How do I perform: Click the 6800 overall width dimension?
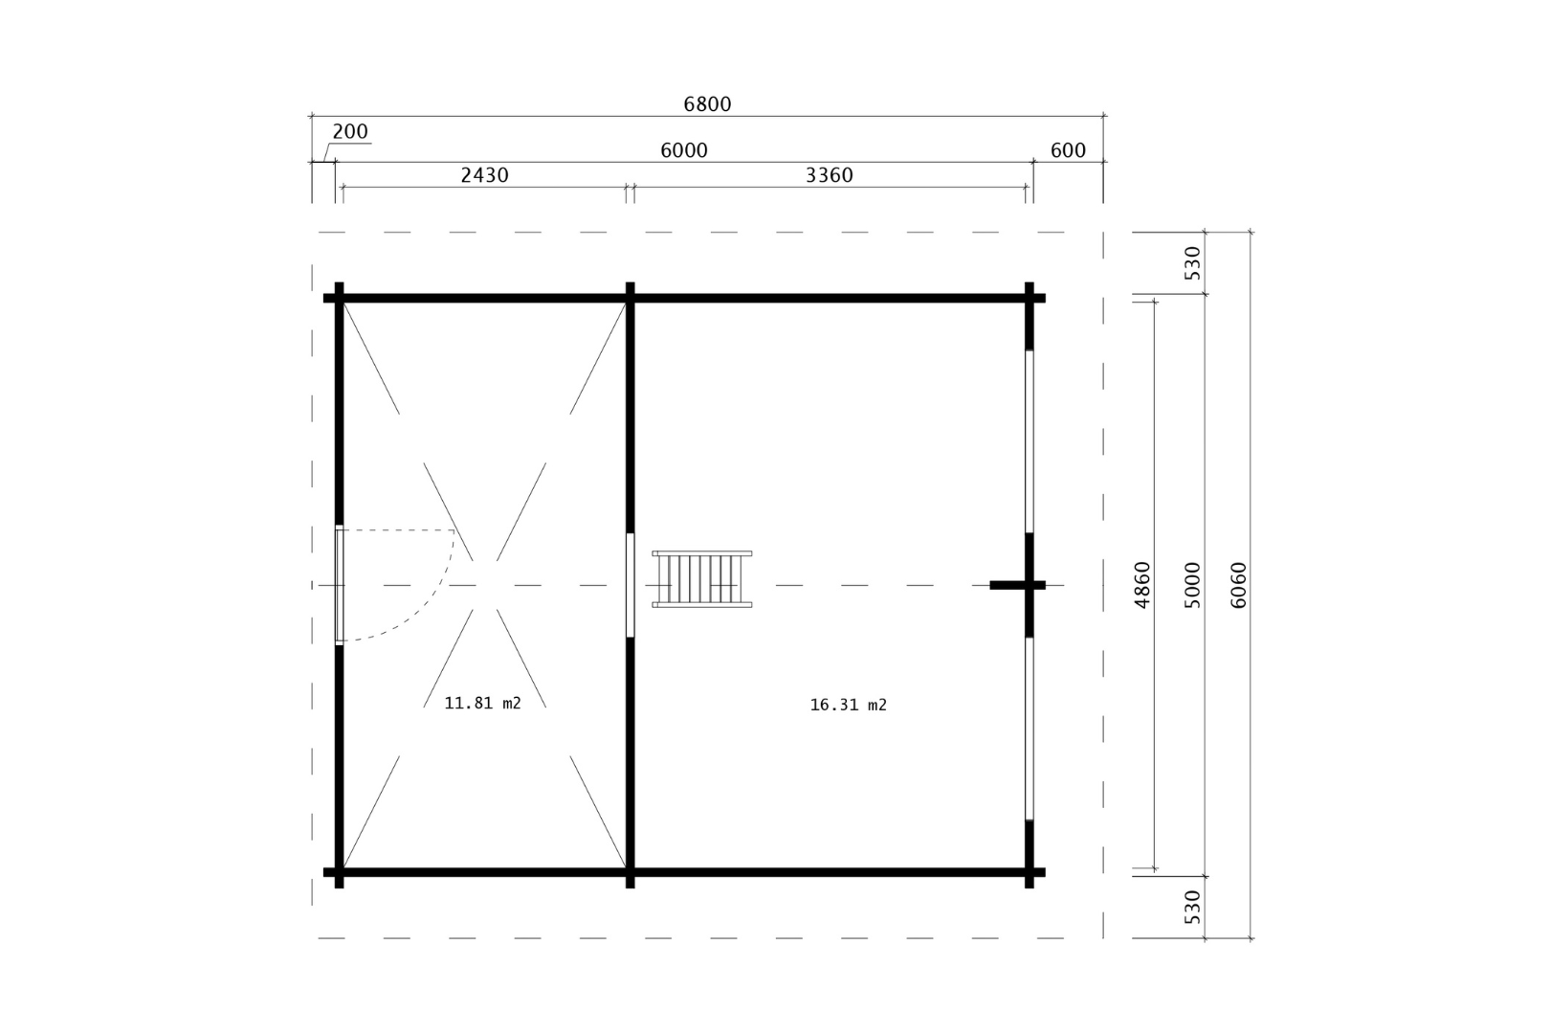[707, 104]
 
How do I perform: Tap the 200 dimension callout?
[350, 132]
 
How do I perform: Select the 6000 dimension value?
[684, 150]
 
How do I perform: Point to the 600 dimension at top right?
[1068, 150]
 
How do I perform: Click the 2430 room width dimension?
[484, 175]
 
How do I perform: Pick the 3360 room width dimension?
[829, 175]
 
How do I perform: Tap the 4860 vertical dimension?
[1142, 585]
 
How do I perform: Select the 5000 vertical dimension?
[1192, 585]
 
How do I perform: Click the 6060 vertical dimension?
[1239, 585]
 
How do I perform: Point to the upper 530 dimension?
[1192, 262]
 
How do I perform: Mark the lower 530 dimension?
[1192, 906]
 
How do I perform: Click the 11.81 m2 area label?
[483, 703]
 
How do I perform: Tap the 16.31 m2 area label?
[848, 705]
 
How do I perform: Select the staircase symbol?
[702, 579]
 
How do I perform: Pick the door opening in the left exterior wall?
[340, 584]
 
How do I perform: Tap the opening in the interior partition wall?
[630, 584]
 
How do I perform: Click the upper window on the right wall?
[1030, 440]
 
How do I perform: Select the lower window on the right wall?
[1030, 728]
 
